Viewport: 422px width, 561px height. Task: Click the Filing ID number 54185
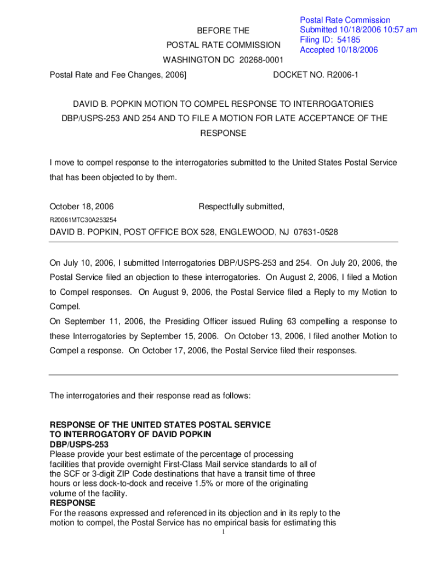(x=349, y=40)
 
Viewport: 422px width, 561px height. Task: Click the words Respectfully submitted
(x=241, y=207)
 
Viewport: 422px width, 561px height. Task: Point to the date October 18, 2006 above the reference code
(x=82, y=207)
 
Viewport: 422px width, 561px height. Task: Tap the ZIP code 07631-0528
(x=310, y=232)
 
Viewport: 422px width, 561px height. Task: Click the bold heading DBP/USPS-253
(x=79, y=444)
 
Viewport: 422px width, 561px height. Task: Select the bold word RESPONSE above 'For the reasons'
(x=72, y=503)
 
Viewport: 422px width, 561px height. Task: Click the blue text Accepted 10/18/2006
(x=339, y=50)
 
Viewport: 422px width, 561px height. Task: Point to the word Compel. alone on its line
(x=64, y=307)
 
